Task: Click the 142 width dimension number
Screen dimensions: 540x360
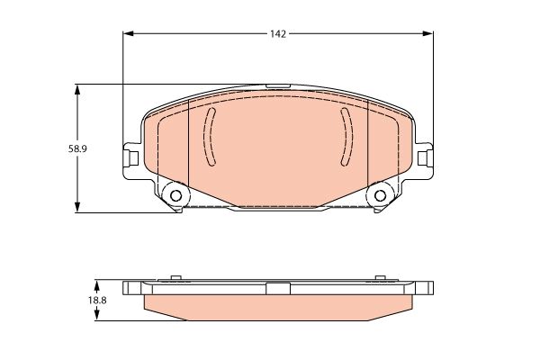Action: click(x=278, y=34)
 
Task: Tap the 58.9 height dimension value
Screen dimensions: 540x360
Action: click(x=77, y=149)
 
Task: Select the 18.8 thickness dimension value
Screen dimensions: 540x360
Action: click(x=97, y=301)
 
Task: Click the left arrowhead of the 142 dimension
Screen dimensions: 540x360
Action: click(x=128, y=33)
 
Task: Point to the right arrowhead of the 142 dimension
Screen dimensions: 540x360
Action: click(x=427, y=33)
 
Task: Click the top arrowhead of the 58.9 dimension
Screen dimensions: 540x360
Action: click(x=77, y=89)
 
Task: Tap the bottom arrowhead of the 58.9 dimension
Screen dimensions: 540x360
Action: click(x=77, y=207)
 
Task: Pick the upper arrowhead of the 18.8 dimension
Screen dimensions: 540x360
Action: click(x=97, y=285)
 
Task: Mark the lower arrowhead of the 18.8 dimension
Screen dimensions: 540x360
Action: click(x=97, y=315)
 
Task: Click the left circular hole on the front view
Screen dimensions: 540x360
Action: click(x=176, y=195)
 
